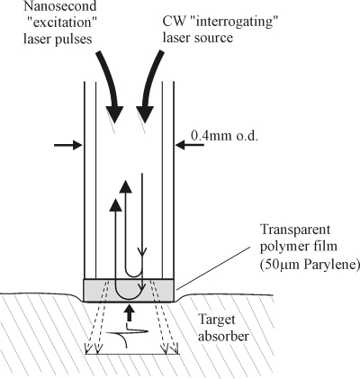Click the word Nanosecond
pyautogui.click(x=60, y=5)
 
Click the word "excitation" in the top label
pyautogui.click(x=60, y=23)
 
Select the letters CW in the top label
pyautogui.click(x=173, y=22)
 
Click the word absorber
pyautogui.click(x=223, y=336)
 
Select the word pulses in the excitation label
pyautogui.click(x=73, y=40)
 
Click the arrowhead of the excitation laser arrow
pyautogui.click(x=115, y=114)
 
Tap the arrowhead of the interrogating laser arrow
pyautogui.click(x=145, y=114)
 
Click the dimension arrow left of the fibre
pyautogui.click(x=67, y=146)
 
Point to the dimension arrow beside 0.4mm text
pyautogui.click(x=190, y=146)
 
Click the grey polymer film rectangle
pyautogui.click(x=129, y=290)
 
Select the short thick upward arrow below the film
pyautogui.click(x=130, y=313)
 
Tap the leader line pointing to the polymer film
pyautogui.click(x=213, y=268)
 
